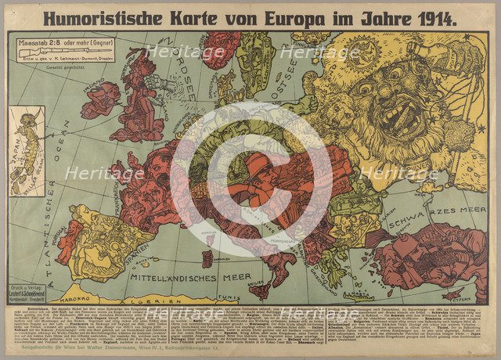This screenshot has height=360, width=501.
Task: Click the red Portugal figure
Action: (69, 238)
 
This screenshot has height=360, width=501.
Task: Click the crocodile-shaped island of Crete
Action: (357, 296)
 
